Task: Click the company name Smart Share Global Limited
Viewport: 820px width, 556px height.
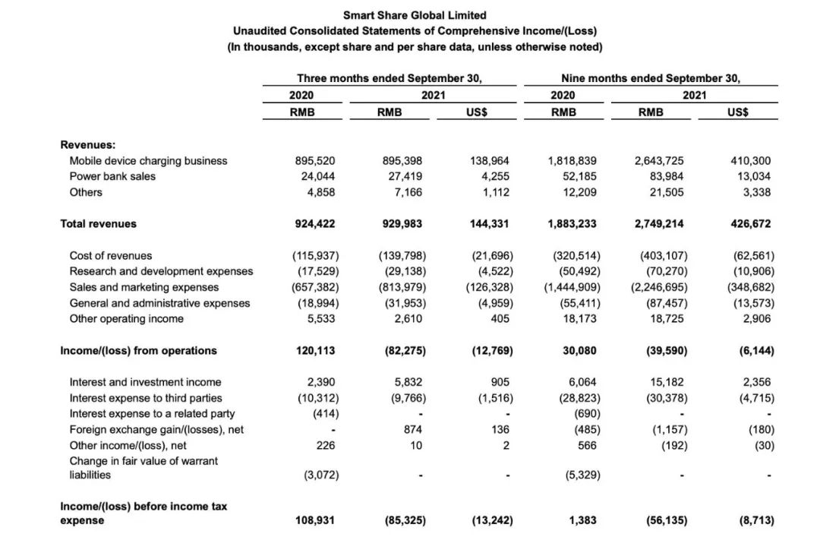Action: (415, 15)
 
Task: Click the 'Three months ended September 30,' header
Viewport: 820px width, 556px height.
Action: (389, 78)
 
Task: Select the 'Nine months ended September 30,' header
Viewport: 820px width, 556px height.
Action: (651, 78)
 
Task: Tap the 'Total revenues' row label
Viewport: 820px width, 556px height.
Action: (99, 224)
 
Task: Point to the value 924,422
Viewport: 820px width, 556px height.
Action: (315, 224)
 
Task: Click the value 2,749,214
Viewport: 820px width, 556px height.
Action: (659, 224)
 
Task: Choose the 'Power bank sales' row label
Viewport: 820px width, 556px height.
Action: (112, 176)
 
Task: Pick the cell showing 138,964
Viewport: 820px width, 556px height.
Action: (490, 161)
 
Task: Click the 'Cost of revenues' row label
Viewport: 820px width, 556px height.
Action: (111, 256)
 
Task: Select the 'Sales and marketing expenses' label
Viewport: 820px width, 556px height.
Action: (144, 287)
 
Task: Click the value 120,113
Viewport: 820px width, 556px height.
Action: (315, 351)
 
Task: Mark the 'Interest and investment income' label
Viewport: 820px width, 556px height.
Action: (146, 382)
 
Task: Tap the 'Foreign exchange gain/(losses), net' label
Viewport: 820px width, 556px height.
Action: (157, 430)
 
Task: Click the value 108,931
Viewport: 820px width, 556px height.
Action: (315, 521)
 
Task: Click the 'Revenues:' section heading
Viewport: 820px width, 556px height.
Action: (87, 144)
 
